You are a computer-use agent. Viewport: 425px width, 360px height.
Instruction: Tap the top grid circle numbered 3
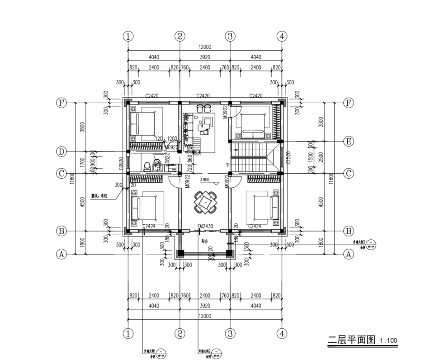231,36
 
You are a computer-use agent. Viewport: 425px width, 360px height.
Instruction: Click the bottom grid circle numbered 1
129,334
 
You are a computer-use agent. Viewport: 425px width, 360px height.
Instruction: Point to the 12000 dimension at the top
204,47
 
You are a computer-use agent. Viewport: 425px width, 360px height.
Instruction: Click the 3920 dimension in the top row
205,57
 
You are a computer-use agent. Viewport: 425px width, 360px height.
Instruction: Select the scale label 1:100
388,341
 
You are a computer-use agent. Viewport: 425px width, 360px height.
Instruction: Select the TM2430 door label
205,226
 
